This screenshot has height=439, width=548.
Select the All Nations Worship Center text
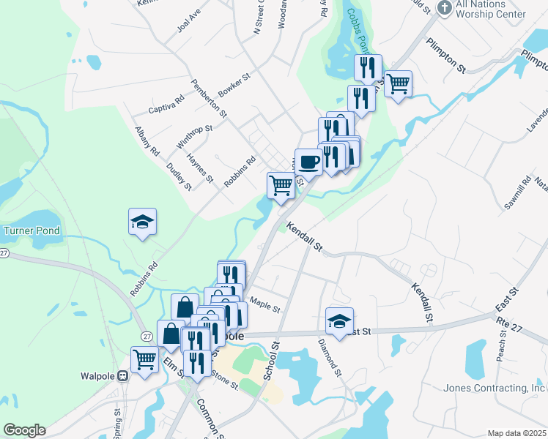click(491, 9)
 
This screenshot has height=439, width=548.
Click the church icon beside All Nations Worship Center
click(444, 8)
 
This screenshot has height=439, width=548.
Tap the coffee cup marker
click(308, 161)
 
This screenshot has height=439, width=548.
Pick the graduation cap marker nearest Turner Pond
click(142, 222)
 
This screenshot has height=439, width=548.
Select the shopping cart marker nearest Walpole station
click(145, 359)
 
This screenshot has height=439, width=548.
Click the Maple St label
click(264, 304)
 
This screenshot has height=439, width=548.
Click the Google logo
click(24, 430)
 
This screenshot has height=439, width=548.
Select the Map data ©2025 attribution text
click(516, 433)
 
